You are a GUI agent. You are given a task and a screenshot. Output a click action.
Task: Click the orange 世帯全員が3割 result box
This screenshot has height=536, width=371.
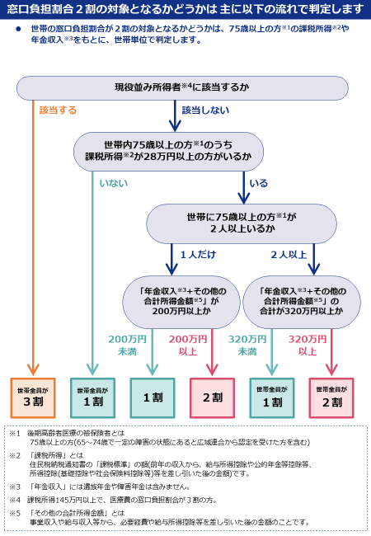[x=33, y=398]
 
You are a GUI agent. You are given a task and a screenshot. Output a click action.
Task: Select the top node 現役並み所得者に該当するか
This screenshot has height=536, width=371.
[x=182, y=88]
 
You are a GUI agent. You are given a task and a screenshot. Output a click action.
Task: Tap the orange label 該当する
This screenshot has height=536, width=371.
[x=58, y=110]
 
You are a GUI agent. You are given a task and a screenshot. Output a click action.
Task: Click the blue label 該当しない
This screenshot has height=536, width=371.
[x=205, y=110]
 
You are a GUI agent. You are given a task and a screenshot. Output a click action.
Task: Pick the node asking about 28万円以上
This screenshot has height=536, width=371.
[x=168, y=152]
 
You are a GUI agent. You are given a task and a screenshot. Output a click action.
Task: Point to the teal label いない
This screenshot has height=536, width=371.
[x=114, y=183]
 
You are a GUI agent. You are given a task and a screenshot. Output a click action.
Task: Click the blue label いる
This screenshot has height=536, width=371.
[x=259, y=183]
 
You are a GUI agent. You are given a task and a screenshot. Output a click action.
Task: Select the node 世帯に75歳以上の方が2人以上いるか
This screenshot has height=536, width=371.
[x=242, y=223]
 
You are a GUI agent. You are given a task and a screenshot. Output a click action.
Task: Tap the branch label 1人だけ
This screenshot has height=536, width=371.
[x=198, y=255]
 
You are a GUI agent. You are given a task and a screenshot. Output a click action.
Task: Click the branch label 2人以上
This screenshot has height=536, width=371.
[x=289, y=255]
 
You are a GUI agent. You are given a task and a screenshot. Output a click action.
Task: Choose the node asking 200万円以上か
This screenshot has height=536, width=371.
[x=181, y=302]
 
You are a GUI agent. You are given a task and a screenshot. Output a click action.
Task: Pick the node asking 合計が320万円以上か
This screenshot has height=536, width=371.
[x=302, y=302]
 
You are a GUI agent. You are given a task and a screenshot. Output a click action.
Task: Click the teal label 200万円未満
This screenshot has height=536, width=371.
[x=127, y=346]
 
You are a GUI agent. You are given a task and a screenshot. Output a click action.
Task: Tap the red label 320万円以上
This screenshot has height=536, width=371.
[x=308, y=346]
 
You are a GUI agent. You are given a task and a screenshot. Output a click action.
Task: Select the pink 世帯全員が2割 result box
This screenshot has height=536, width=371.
[x=331, y=398]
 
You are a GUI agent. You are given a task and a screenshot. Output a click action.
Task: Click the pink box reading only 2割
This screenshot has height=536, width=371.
[x=212, y=398]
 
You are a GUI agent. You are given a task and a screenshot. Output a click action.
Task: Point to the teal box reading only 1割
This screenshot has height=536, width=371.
[x=153, y=398]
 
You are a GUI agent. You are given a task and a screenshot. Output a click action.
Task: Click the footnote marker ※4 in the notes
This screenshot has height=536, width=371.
[x=15, y=500]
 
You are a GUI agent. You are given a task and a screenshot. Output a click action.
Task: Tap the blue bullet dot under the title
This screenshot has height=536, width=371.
[x=18, y=29]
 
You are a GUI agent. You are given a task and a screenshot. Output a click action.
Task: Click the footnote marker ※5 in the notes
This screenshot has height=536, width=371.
[x=15, y=513]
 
